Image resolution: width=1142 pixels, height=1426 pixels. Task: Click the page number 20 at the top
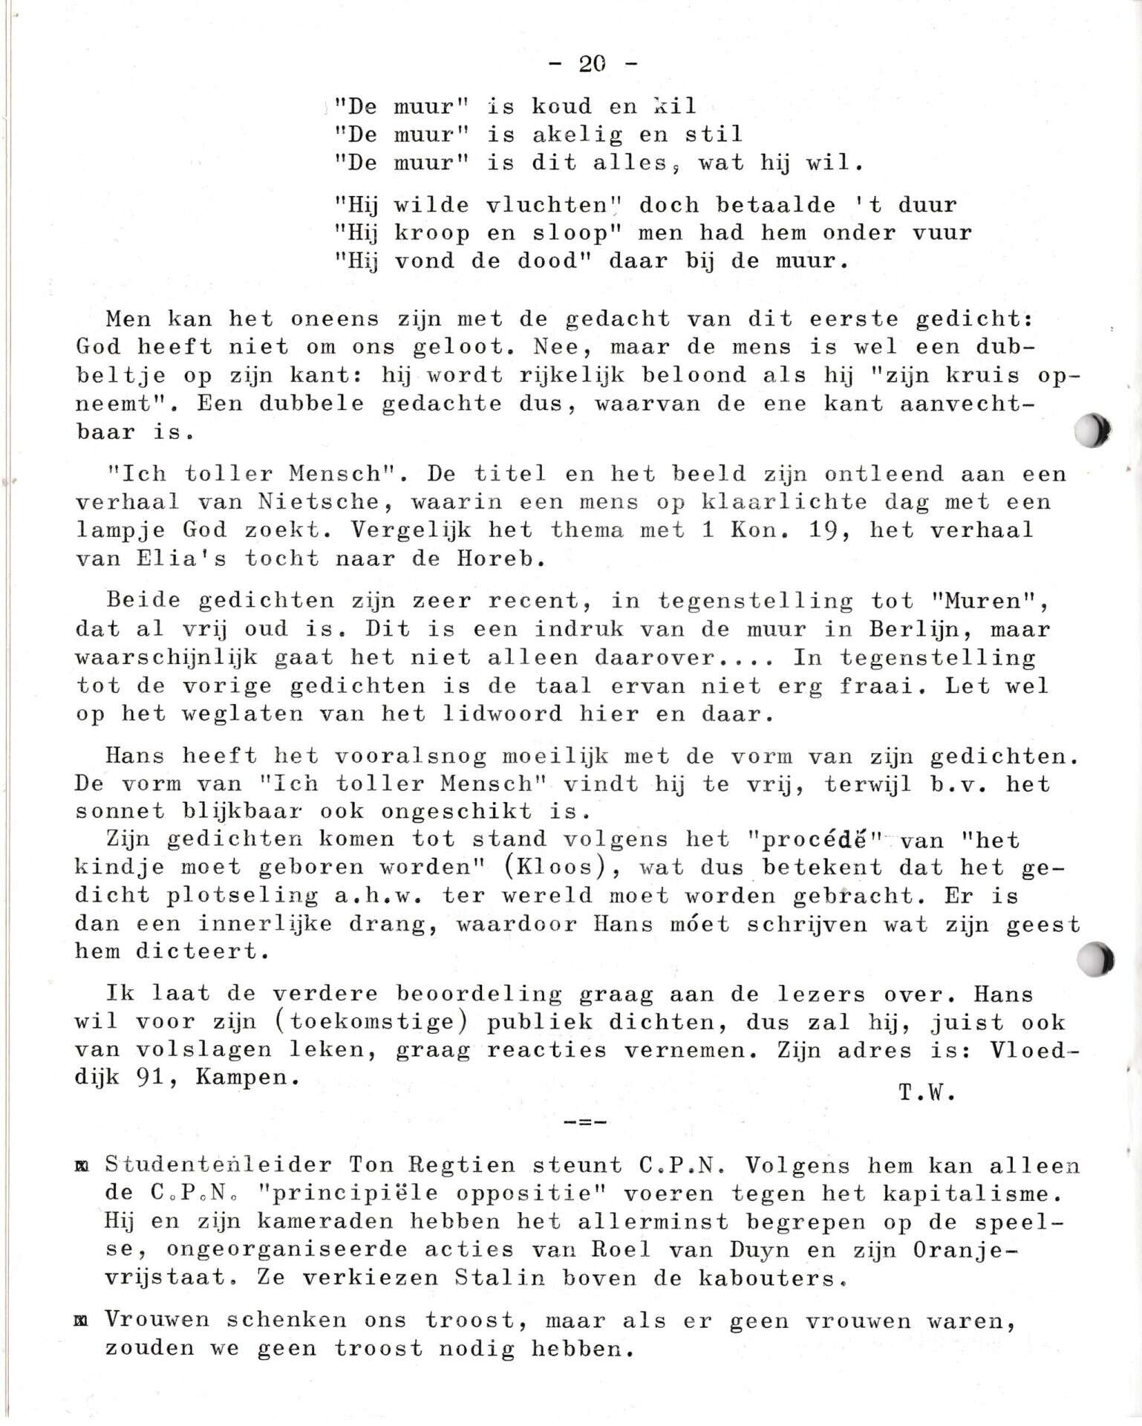593,64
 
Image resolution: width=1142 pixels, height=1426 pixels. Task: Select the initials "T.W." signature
925,1093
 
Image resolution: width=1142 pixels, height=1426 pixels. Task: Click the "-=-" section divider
585,1122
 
